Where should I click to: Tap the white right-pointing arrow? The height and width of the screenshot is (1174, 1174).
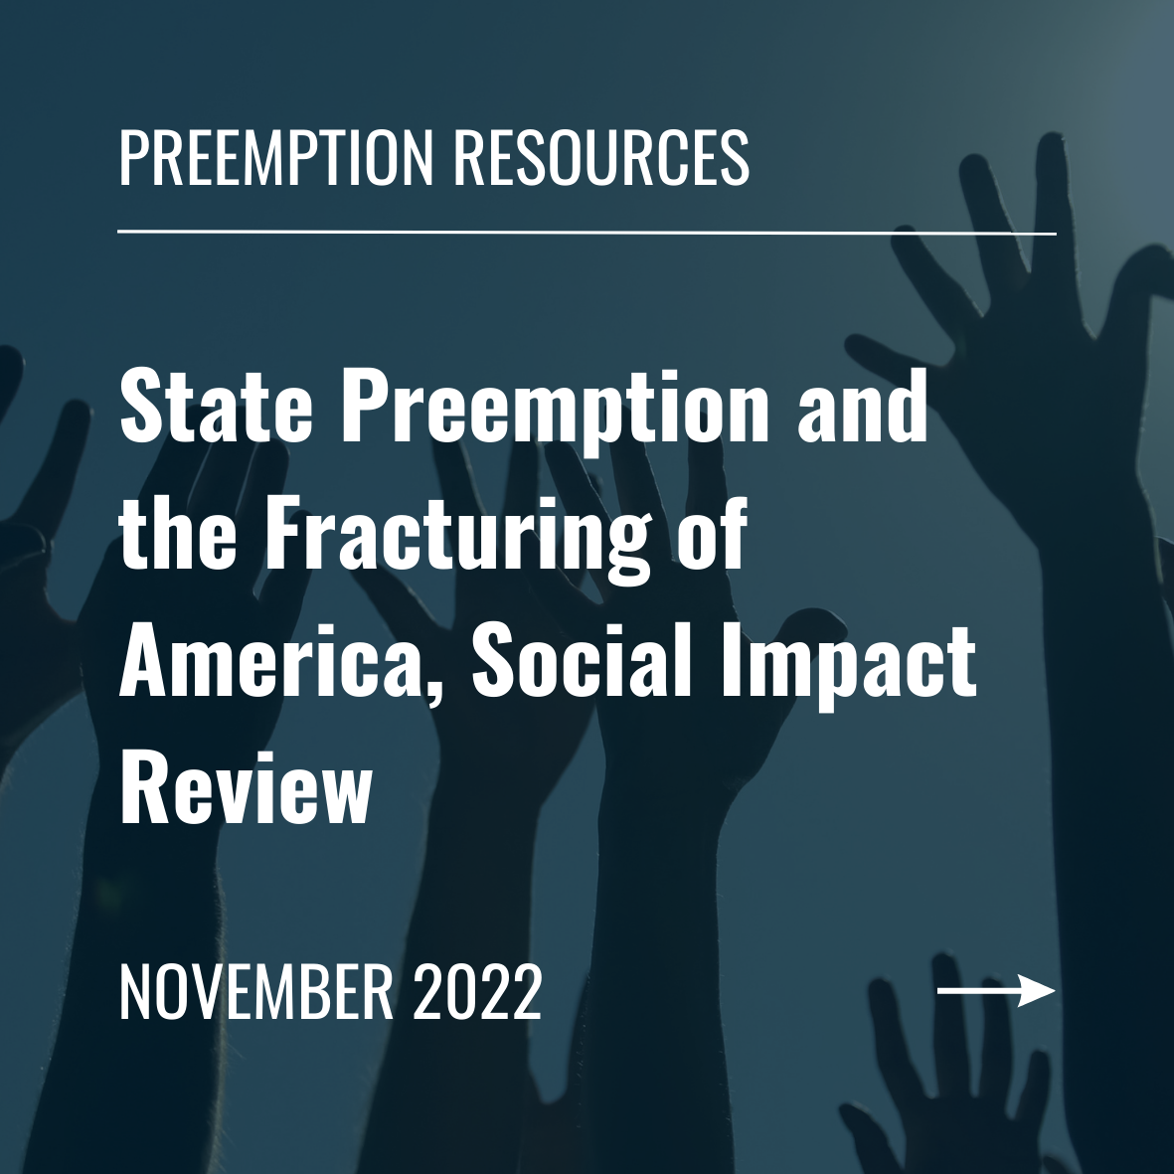(995, 991)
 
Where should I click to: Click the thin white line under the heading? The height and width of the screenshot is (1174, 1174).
(587, 233)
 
